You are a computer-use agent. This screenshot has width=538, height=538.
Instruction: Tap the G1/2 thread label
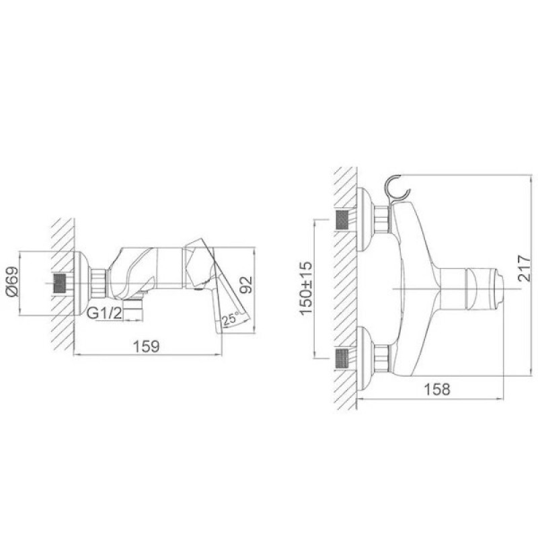[x=104, y=313]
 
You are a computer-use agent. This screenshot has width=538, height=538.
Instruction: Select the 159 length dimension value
[x=146, y=346]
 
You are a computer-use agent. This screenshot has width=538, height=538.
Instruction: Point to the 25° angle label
[x=229, y=319]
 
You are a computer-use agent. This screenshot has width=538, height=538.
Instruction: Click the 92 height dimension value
[x=245, y=284]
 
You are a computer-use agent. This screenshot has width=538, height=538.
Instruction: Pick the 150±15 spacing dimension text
[x=306, y=288]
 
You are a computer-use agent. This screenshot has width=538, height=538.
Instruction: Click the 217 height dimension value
[x=525, y=268]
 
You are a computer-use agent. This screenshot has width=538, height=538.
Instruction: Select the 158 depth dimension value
[x=436, y=389]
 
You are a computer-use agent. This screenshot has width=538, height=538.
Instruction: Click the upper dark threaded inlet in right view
[x=342, y=220]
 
